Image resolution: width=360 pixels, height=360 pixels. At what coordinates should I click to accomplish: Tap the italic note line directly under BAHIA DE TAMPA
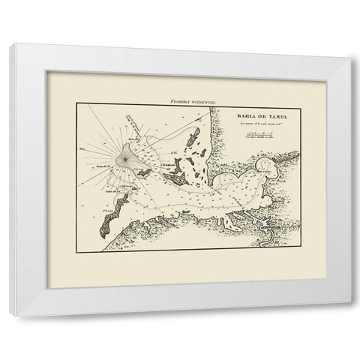click(255, 123)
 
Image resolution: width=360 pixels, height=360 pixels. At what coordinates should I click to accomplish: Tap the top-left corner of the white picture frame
click(8, 45)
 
